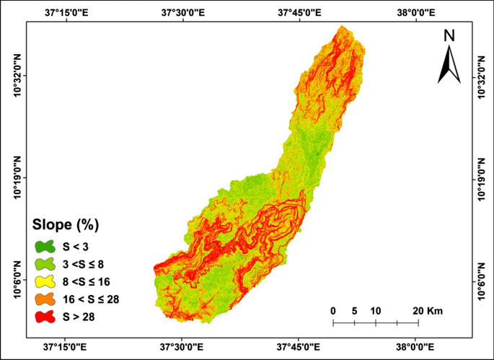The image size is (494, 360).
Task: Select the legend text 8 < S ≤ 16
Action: (x=92, y=281)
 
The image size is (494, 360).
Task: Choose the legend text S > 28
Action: (x=83, y=316)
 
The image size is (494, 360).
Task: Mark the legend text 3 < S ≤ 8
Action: (x=89, y=263)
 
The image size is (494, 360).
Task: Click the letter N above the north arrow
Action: (x=449, y=36)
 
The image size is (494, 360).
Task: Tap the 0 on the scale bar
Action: (x=333, y=310)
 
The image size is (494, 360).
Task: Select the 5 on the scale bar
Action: (x=354, y=310)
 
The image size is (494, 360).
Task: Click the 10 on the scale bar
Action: (x=376, y=310)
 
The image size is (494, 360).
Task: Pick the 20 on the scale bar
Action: (x=418, y=310)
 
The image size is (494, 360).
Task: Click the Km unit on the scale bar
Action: (x=435, y=310)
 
